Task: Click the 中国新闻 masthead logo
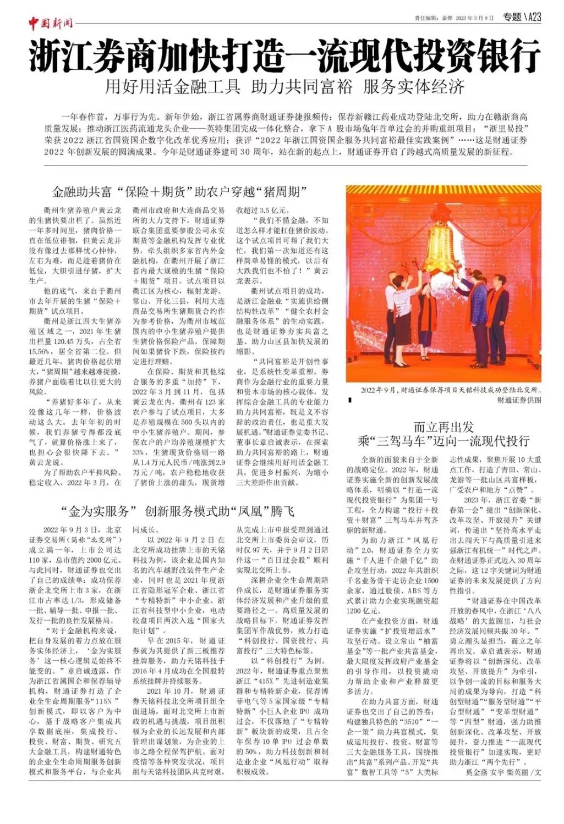pos(51,23)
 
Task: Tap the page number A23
pos(534,17)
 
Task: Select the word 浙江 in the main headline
pos(59,56)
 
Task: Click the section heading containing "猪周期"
pos(179,192)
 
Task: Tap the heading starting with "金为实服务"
pos(178,512)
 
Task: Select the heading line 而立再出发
pos(443,427)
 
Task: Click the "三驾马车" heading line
pos(443,441)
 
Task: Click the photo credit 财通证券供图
pos(519,400)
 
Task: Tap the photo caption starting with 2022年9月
pos(450,390)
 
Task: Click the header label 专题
pos(512,17)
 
